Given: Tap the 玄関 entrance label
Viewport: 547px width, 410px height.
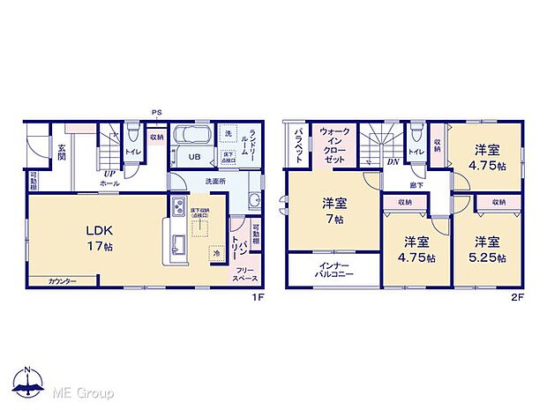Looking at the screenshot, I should (x=62, y=153).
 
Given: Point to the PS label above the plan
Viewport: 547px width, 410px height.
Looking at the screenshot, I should (x=157, y=112).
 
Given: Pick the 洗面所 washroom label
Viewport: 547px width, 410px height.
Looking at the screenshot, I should (x=215, y=182).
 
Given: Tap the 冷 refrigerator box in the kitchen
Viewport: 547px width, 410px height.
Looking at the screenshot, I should (x=214, y=252).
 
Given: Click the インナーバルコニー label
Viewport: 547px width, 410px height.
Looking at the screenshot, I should (x=333, y=269).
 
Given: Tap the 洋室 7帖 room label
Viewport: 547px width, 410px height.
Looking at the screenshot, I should (x=333, y=211).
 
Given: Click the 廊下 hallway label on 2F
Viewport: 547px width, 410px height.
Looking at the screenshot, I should (x=416, y=185).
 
